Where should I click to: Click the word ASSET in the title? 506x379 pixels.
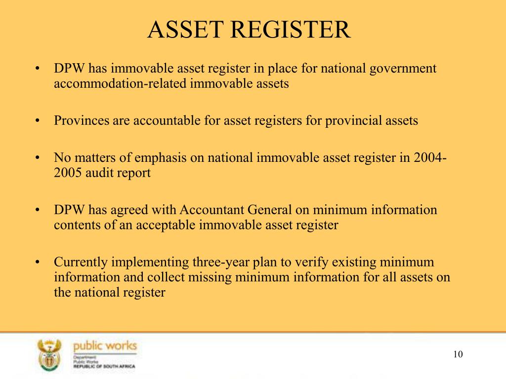pyautogui.click(x=186, y=30)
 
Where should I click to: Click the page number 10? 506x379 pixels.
pyautogui.click(x=458, y=354)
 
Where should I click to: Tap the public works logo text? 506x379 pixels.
pyautogui.click(x=105, y=346)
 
